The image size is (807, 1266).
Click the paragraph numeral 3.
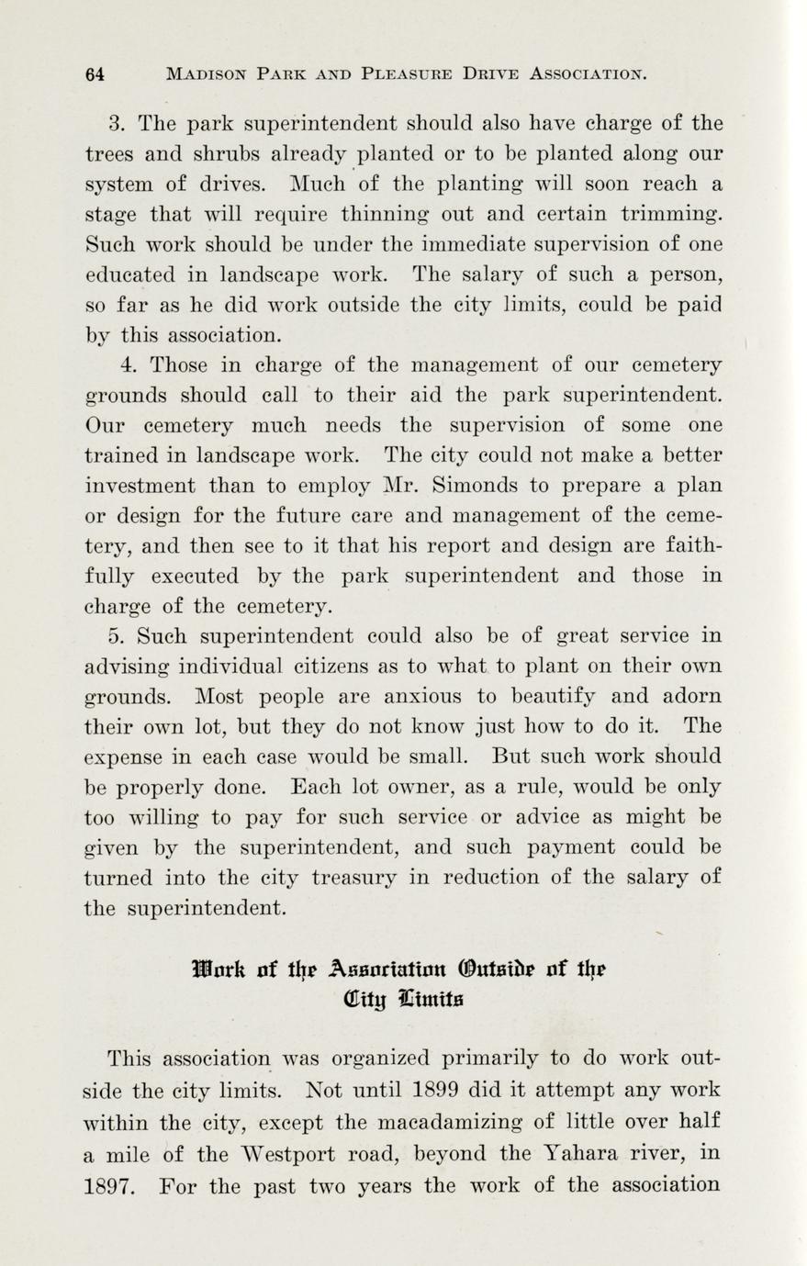click(116, 124)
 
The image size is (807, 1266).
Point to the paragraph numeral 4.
click(129, 364)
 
